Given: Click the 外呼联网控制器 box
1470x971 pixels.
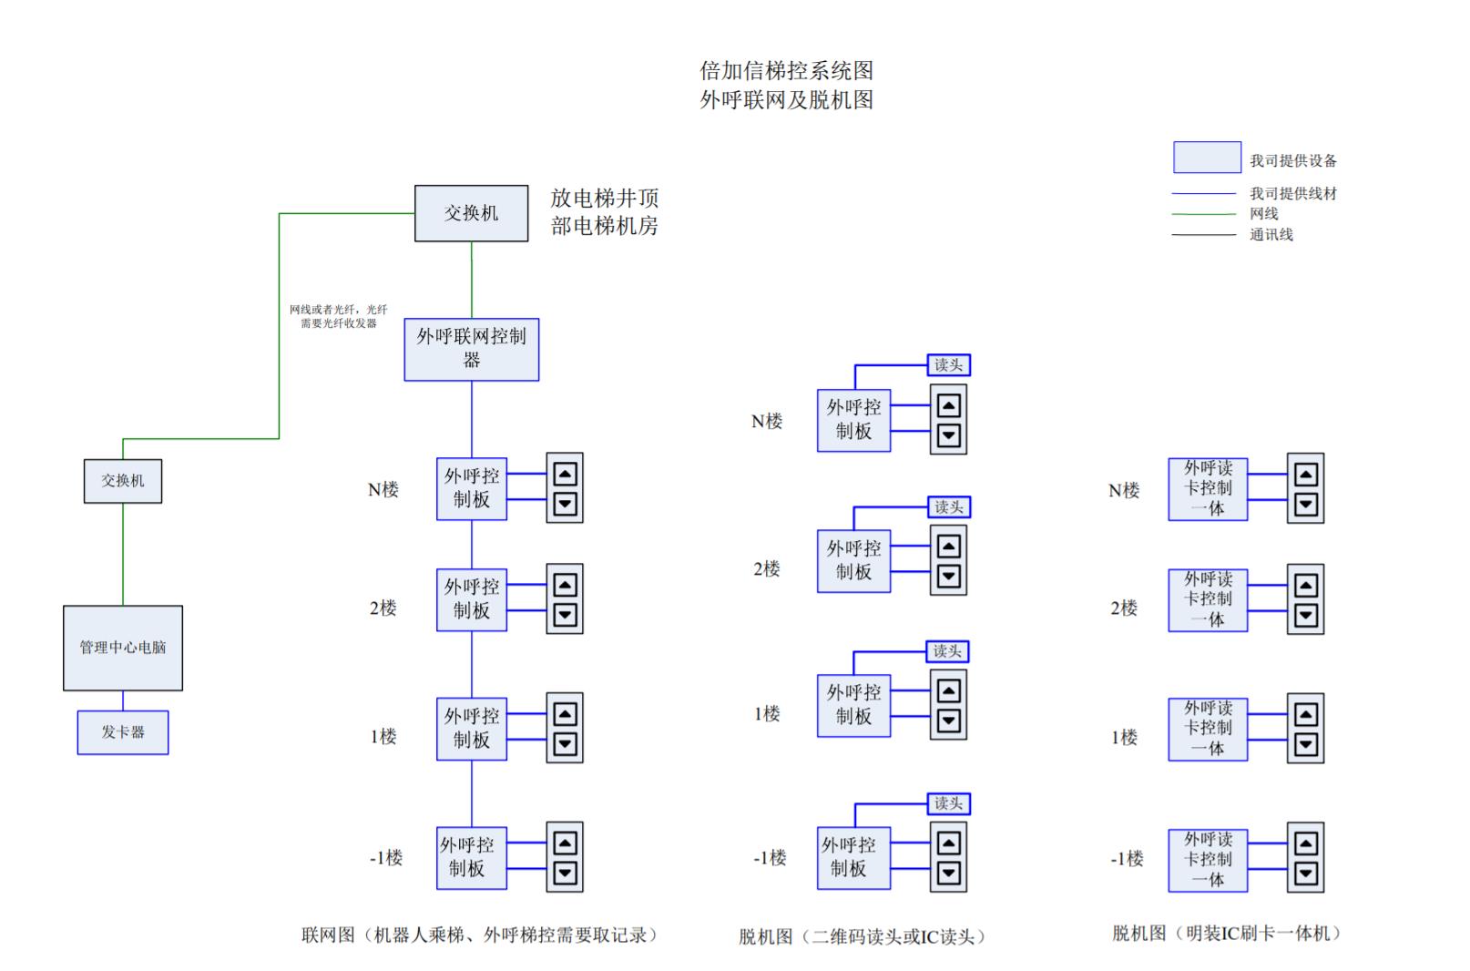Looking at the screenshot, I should tap(471, 349).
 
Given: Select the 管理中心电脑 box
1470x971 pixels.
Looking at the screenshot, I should tap(123, 648).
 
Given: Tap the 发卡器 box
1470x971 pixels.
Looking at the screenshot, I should tap(123, 732).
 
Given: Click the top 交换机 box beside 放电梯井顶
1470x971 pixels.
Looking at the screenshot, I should tap(471, 213).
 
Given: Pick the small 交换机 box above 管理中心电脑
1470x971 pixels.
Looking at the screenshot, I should tap(123, 481).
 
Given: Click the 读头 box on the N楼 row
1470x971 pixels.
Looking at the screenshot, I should tap(948, 365).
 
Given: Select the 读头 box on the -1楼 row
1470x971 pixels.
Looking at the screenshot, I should tap(948, 803).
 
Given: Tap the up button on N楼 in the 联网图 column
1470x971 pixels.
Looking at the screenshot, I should tap(565, 475).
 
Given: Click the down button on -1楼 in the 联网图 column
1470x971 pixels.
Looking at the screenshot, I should tap(565, 874).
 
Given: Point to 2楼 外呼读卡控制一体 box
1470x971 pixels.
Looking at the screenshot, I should tap(1208, 599).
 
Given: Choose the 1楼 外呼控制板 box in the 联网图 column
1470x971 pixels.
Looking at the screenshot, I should tap(471, 728).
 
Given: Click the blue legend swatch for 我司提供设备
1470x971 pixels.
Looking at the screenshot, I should tap(1207, 158).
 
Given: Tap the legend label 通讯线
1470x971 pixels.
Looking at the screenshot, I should tap(1271, 235).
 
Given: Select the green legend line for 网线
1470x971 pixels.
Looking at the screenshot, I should tap(1204, 214).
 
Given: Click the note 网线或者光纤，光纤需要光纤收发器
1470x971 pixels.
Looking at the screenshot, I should tap(339, 316).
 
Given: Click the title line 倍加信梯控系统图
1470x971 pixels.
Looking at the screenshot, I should tap(786, 70).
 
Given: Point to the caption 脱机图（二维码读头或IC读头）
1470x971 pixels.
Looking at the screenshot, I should tap(862, 936).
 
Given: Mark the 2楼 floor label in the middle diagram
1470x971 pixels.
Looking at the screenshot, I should tap(767, 569).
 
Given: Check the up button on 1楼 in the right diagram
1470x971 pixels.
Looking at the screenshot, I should tap(1305, 715).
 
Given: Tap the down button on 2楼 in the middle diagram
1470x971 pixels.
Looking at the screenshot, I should tap(948, 576).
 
